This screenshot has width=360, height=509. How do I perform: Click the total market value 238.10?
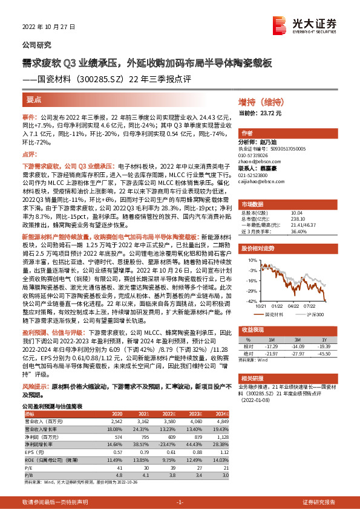click(x=298, y=218)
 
